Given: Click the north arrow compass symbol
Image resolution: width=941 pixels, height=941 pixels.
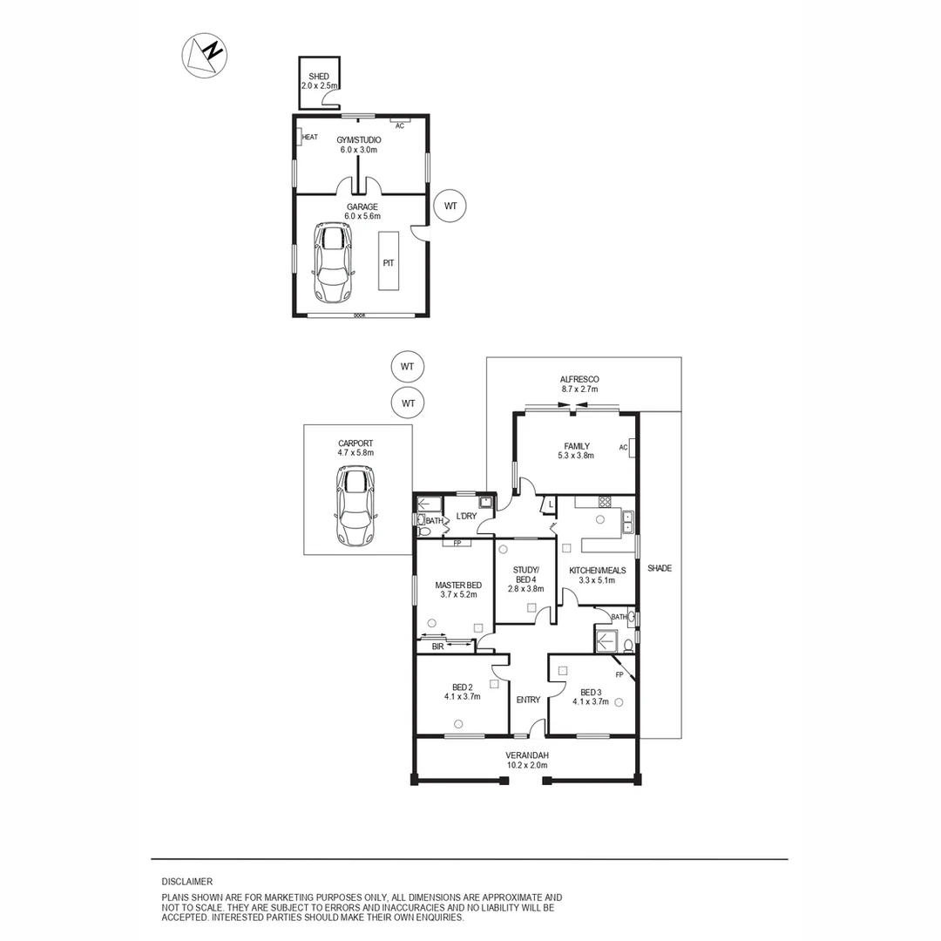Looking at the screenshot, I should pyautogui.click(x=204, y=55).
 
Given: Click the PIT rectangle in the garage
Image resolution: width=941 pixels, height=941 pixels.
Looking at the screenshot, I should pyautogui.click(x=389, y=261).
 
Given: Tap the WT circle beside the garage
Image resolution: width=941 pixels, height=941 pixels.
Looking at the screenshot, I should pyautogui.click(x=450, y=206).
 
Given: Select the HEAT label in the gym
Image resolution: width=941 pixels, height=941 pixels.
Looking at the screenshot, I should pyautogui.click(x=309, y=138).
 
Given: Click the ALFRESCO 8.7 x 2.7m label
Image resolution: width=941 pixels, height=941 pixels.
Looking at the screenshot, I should pyautogui.click(x=579, y=384).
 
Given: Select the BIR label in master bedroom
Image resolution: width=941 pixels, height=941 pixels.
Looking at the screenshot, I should pyautogui.click(x=437, y=647).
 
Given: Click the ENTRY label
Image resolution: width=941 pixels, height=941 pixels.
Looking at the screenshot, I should pyautogui.click(x=528, y=700).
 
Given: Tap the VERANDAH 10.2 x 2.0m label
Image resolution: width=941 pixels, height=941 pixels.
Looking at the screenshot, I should pyautogui.click(x=527, y=761).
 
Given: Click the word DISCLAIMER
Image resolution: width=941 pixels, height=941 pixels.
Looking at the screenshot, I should pyautogui.click(x=186, y=882).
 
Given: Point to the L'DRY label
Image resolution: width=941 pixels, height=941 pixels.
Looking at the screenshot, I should pyautogui.click(x=466, y=517).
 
